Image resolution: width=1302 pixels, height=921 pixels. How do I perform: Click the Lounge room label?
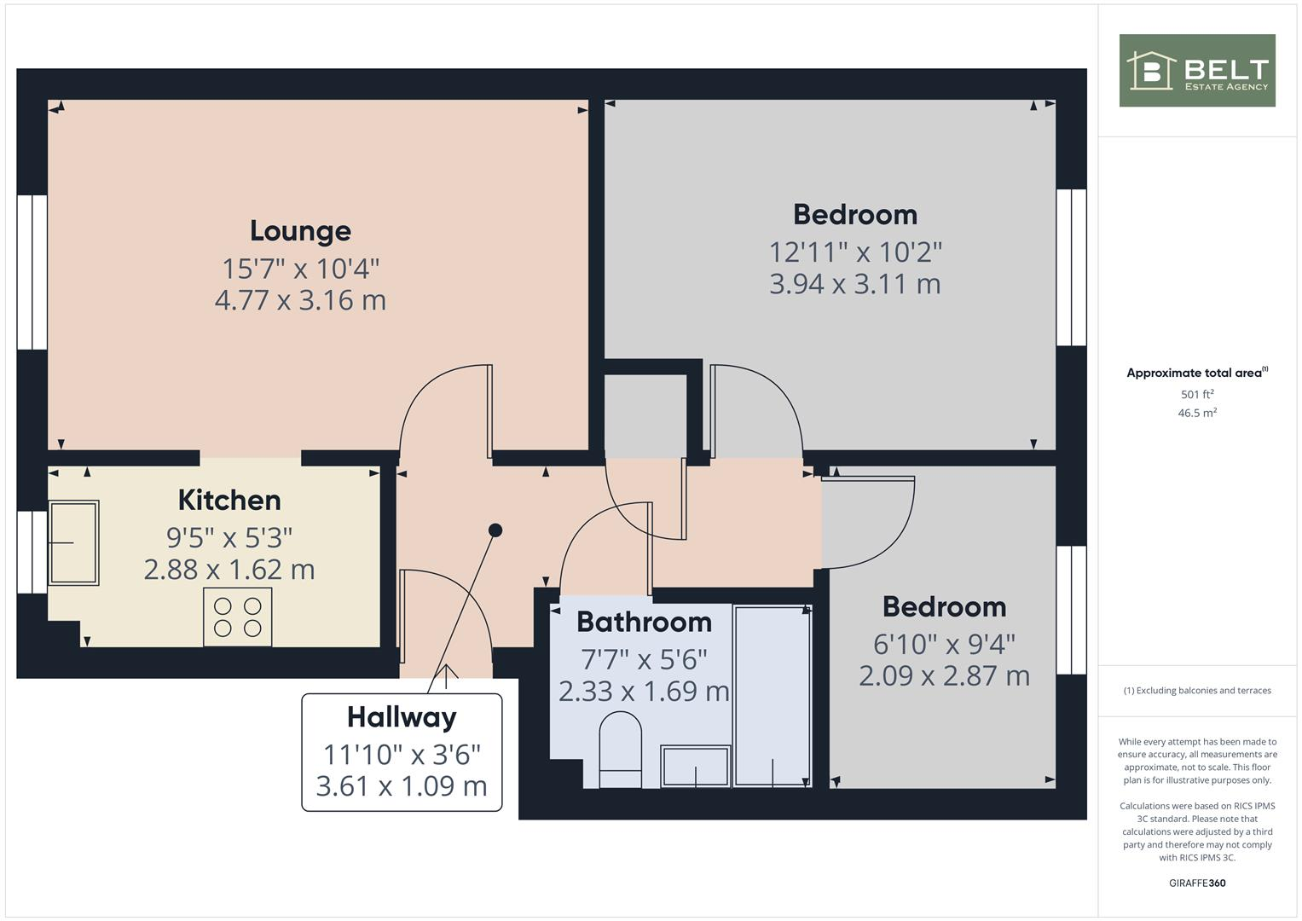[x=300, y=231]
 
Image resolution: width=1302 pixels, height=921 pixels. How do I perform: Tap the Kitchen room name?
[x=229, y=500]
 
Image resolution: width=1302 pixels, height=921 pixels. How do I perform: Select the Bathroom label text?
[x=644, y=622]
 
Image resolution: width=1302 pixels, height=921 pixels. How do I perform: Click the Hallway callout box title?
[x=402, y=717]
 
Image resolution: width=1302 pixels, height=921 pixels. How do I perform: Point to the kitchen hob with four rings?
[x=238, y=617]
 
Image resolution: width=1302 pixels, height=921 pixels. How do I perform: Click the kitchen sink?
[x=73, y=542]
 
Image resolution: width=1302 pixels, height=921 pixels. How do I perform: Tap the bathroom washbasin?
[x=696, y=766]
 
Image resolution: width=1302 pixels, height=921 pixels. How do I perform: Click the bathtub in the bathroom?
[x=772, y=695]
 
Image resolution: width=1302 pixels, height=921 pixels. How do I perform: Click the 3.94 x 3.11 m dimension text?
[x=854, y=284]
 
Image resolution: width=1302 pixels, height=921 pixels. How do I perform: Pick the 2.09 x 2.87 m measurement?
[x=944, y=676]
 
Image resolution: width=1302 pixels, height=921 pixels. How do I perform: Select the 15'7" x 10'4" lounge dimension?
[x=300, y=269]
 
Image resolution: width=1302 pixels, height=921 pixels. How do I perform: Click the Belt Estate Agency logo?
[x=1196, y=71]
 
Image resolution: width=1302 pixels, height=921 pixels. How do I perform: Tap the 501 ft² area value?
[x=1196, y=395]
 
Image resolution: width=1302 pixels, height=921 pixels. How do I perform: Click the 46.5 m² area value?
[x=1196, y=413]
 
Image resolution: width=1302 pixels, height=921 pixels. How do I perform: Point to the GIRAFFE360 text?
[x=1196, y=883]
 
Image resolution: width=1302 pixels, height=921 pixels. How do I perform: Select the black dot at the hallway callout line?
[x=495, y=530]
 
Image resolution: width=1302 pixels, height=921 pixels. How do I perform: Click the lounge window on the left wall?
[x=32, y=272]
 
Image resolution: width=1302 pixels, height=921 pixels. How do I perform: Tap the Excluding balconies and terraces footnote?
[x=1196, y=691]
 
